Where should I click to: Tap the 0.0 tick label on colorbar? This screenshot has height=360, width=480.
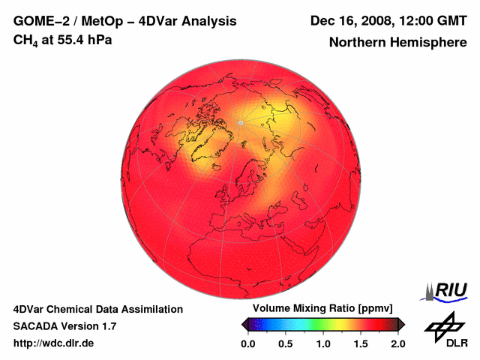pyautogui.click(x=248, y=343)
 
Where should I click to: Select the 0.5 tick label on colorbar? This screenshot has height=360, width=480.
pyautogui.click(x=286, y=343)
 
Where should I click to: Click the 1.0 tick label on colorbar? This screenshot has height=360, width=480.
pyautogui.click(x=323, y=343)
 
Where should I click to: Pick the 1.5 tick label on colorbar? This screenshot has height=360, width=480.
pyautogui.click(x=361, y=343)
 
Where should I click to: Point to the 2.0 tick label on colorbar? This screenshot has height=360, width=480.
pyautogui.click(x=398, y=343)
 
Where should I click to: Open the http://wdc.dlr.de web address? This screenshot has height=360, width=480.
pyautogui.click(x=54, y=343)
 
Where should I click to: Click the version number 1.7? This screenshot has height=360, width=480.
pyautogui.click(x=108, y=326)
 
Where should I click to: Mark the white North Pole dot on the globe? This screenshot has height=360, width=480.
pyautogui.click(x=240, y=122)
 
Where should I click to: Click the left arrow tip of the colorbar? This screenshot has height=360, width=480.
pyautogui.click(x=244, y=324)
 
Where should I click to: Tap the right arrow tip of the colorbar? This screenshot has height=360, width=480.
pyautogui.click(x=402, y=324)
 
